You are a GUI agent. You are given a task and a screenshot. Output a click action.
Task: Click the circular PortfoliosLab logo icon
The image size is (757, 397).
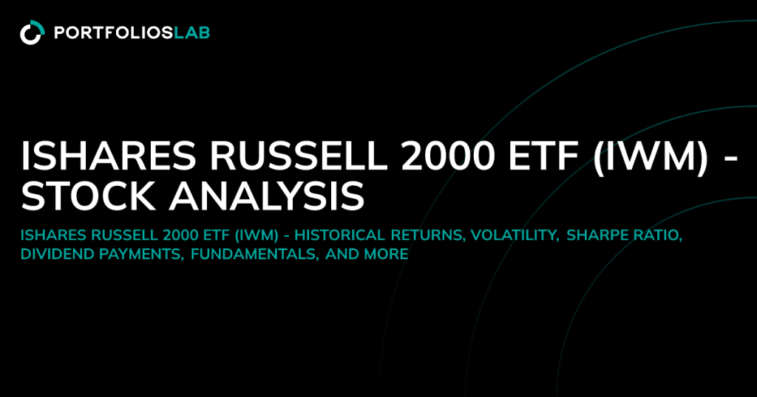click(33, 32)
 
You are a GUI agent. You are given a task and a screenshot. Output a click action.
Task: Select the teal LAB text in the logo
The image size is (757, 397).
click(192, 32)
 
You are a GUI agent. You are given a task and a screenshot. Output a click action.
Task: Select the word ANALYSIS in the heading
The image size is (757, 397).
click(266, 196)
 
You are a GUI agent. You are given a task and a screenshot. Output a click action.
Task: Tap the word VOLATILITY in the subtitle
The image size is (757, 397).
click(515, 236)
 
